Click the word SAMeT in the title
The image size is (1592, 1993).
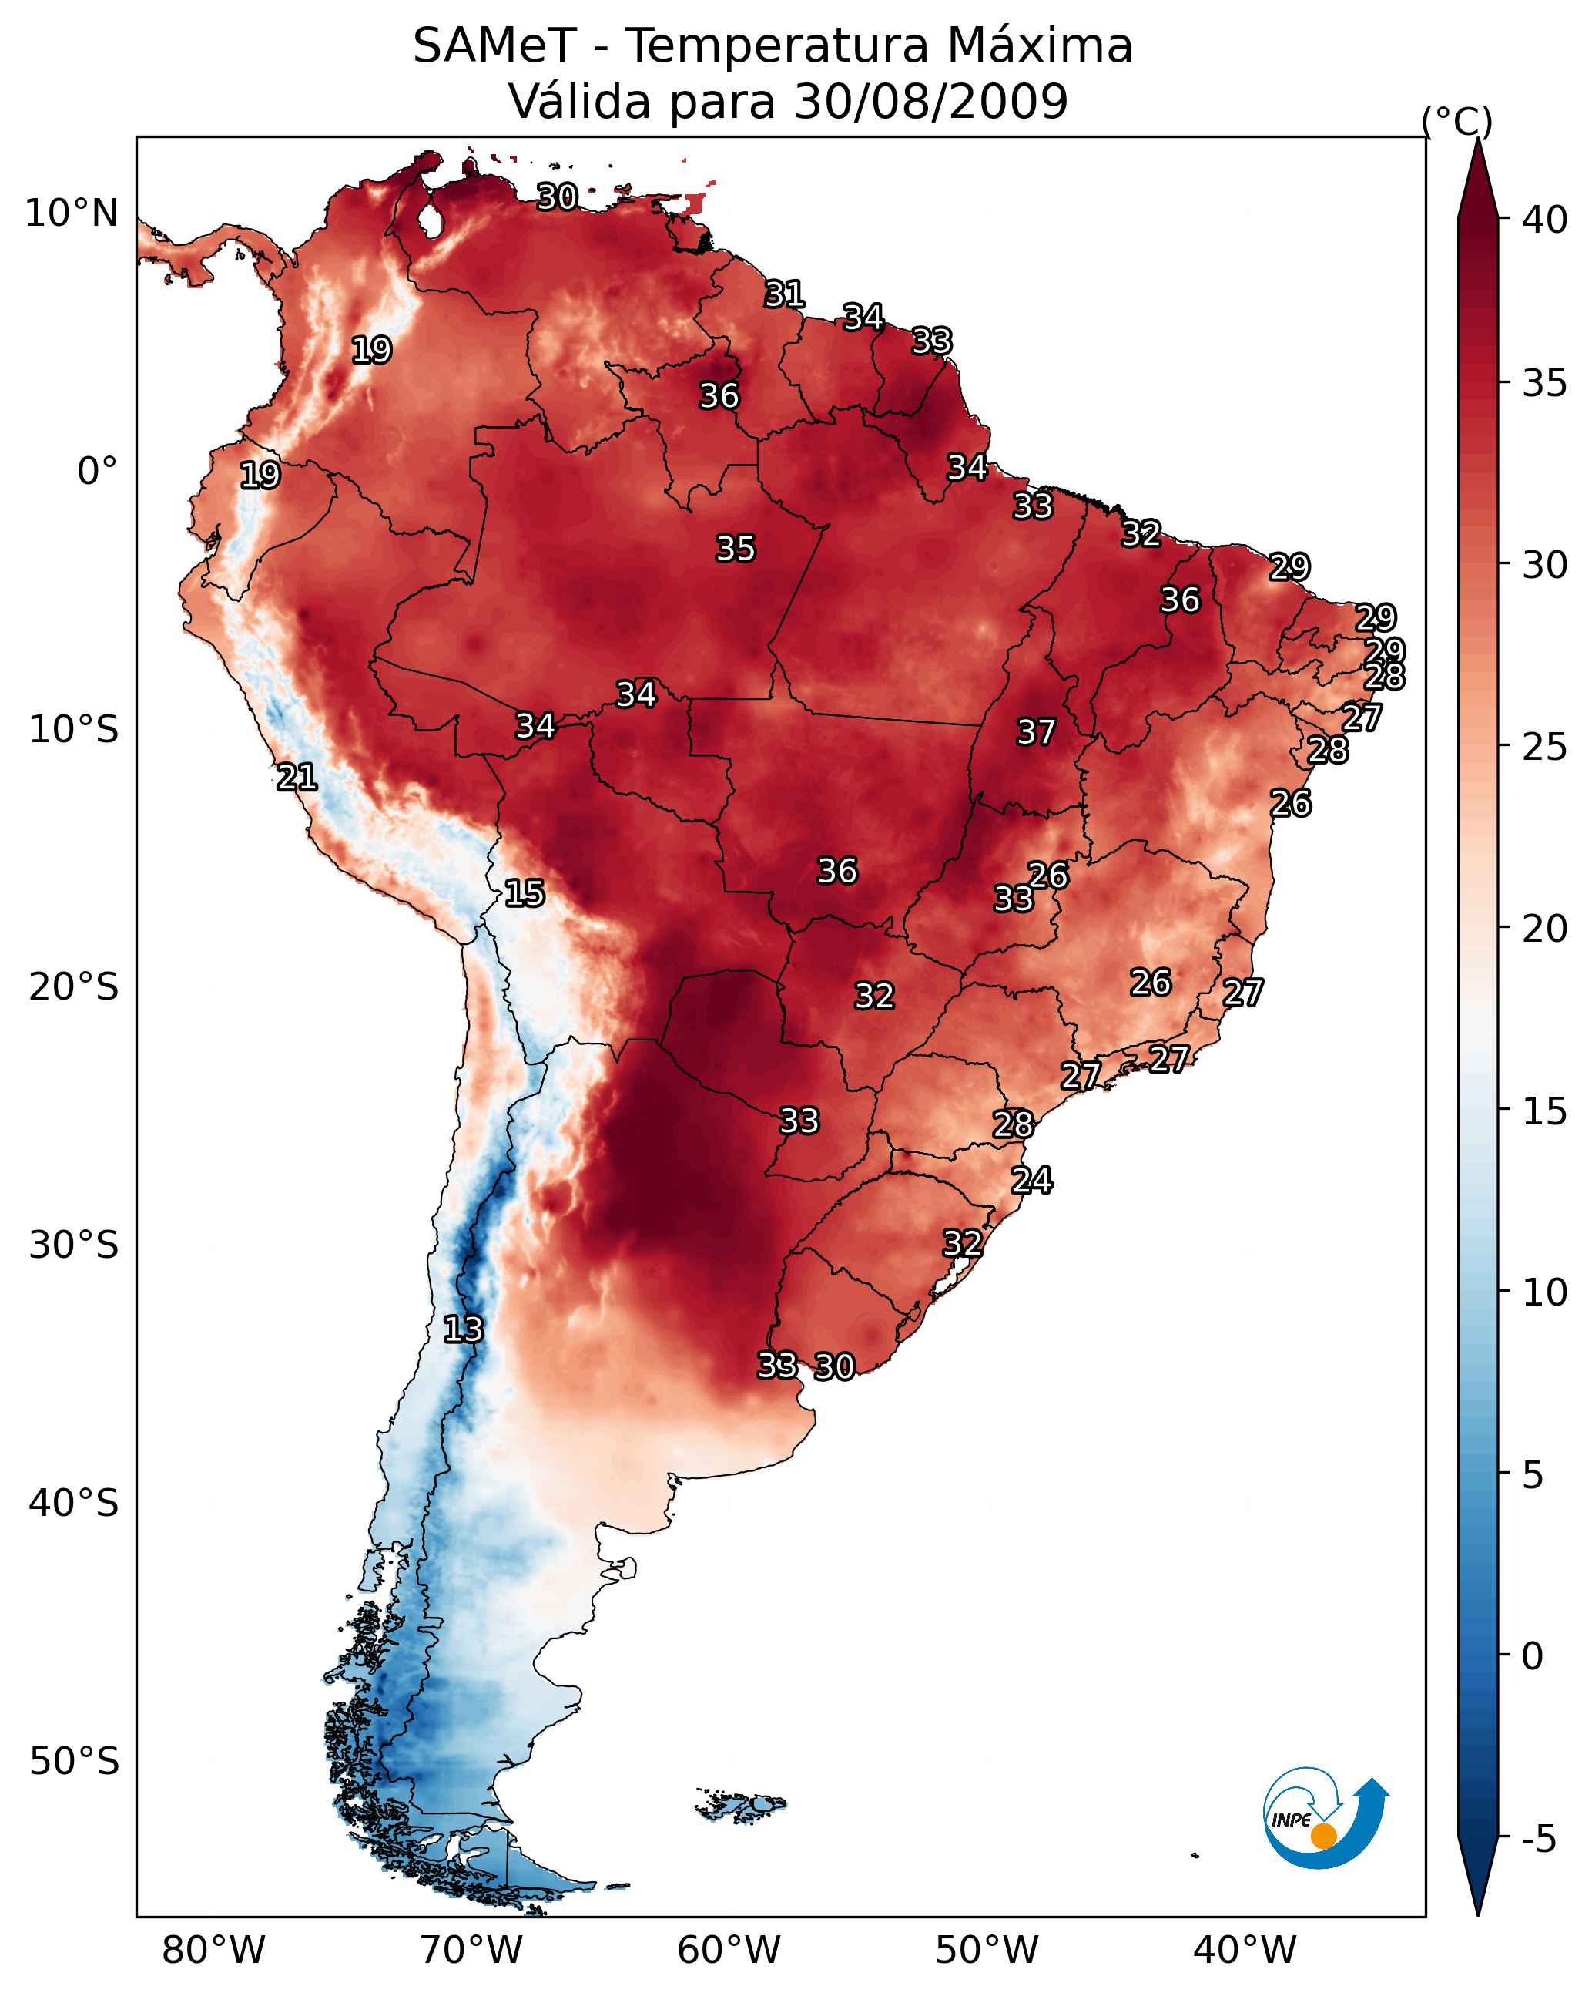pyautogui.click(x=494, y=46)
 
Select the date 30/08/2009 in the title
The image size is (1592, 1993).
pyautogui.click(x=930, y=102)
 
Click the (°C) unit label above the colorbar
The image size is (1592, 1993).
pyautogui.click(x=1457, y=121)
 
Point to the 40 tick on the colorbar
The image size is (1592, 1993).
pyautogui.click(x=1545, y=220)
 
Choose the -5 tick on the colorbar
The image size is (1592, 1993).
pyautogui.click(x=1538, y=1840)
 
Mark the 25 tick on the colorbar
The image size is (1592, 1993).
pyautogui.click(x=1545, y=747)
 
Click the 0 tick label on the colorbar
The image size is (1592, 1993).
pyautogui.click(x=1532, y=1656)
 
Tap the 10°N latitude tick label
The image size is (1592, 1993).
pyautogui.click(x=71, y=213)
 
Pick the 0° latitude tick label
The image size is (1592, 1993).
pyautogui.click(x=97, y=472)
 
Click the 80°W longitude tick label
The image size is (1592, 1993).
pyautogui.click(x=213, y=1950)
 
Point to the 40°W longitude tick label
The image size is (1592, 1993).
pyautogui.click(x=1245, y=1950)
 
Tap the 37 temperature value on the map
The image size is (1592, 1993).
pyautogui.click(x=1036, y=732)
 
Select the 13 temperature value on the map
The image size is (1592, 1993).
pyautogui.click(x=463, y=1329)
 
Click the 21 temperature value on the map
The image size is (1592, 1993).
pyautogui.click(x=297, y=778)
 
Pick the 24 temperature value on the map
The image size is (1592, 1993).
pyautogui.click(x=1031, y=1181)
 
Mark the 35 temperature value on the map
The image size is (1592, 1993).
pyautogui.click(x=736, y=548)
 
